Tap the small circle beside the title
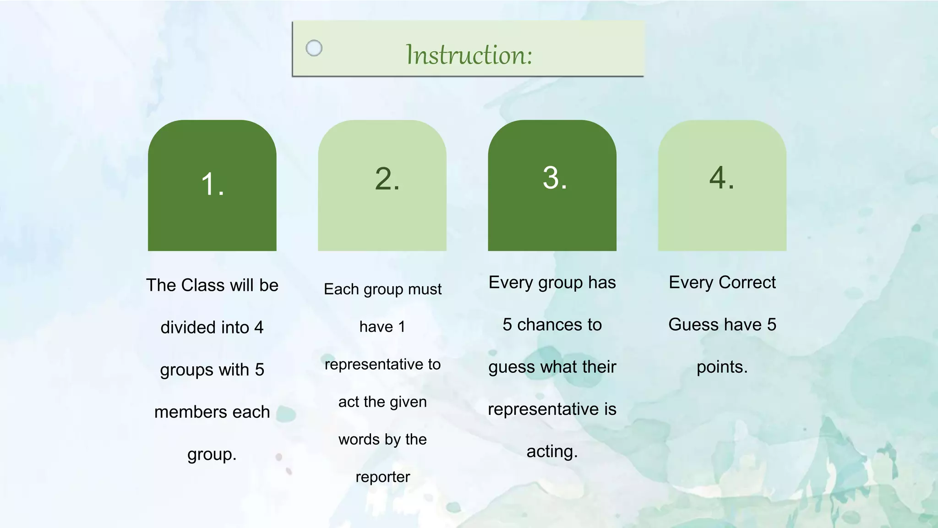coord(314,48)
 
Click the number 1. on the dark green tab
coord(213,185)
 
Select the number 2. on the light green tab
coord(387,179)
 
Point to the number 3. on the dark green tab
coord(555,178)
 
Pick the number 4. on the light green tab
coord(722,178)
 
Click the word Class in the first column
coord(203,285)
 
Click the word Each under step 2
coord(341,289)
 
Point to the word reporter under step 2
coord(383,477)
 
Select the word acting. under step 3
coord(552,452)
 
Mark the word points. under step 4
coord(722,367)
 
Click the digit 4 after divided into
coord(259,327)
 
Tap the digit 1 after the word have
coord(401,327)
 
